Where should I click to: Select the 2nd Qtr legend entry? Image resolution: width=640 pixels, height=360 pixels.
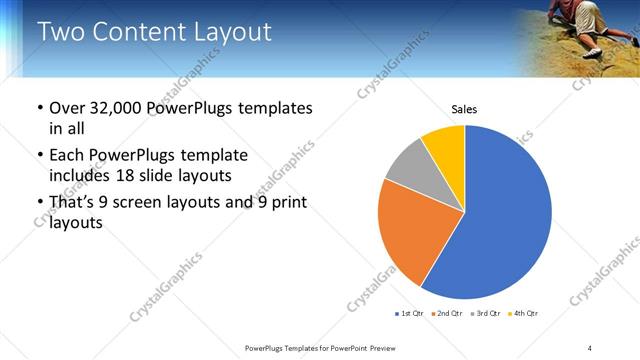(448, 314)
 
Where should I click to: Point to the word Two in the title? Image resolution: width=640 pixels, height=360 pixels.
(60, 32)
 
